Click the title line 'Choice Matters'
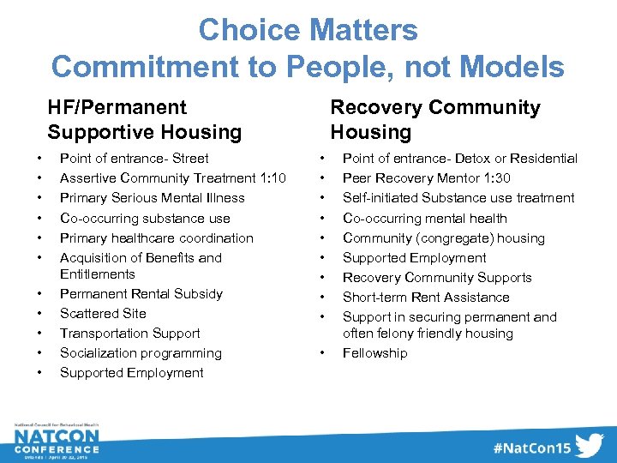[x=308, y=31]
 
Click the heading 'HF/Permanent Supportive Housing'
[x=145, y=119]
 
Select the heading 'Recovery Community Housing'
[x=435, y=119]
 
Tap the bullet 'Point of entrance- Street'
[x=134, y=158]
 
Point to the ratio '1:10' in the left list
[x=272, y=178]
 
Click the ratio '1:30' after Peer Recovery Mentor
[x=496, y=178]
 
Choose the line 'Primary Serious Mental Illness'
[x=152, y=198]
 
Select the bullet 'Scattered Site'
[x=103, y=314]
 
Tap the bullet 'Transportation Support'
[x=129, y=334]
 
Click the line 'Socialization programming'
[x=141, y=353]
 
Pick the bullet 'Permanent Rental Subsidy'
[x=141, y=294]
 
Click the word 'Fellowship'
[x=375, y=353]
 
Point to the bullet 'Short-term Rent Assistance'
[x=426, y=298]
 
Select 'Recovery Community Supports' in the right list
[x=437, y=278]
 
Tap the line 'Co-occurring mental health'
[x=425, y=219]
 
